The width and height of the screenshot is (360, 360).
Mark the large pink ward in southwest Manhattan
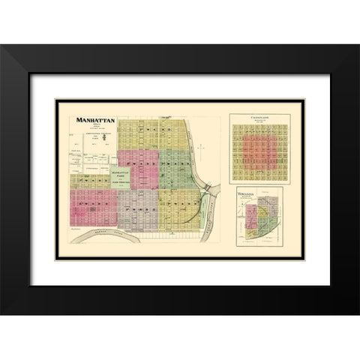(x=94, y=207)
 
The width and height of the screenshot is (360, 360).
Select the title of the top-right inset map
(x=255, y=116)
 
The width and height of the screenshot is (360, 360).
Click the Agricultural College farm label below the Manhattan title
(x=95, y=135)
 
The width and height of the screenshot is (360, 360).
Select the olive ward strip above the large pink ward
(x=94, y=181)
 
